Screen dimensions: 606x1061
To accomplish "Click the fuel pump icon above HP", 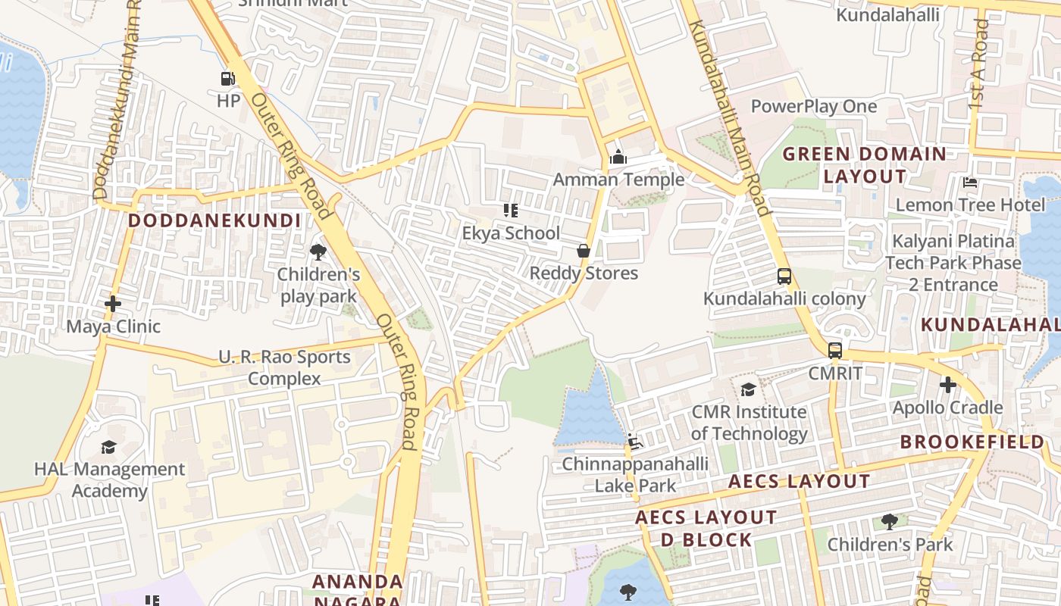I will [227, 78].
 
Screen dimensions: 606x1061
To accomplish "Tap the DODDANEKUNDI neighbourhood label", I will [214, 220].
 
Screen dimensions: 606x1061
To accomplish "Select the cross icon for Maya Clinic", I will [113, 305].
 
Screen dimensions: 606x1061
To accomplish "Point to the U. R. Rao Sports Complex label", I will [284, 367].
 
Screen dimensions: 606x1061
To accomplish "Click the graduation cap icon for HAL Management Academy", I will [109, 447].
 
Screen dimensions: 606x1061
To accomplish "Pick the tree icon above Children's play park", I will [318, 251].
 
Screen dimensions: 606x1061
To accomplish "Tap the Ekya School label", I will [511, 233].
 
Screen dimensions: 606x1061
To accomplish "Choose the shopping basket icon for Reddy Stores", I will [584, 251].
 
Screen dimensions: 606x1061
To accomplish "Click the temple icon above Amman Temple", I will [618, 158].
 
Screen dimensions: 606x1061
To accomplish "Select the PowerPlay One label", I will [813, 106].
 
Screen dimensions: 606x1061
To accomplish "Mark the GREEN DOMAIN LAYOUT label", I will [864, 165].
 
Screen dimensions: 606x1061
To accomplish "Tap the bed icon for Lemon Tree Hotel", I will [969, 183].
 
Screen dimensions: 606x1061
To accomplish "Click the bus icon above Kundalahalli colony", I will [784, 276].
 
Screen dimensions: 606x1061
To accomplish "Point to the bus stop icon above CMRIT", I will [834, 351].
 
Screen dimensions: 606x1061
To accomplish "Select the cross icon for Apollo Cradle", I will [947, 385].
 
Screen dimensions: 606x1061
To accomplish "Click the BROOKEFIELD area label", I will [972, 442].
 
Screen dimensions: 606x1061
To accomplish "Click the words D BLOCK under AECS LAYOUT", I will [706, 540].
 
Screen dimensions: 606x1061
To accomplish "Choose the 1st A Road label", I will [979, 64].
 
